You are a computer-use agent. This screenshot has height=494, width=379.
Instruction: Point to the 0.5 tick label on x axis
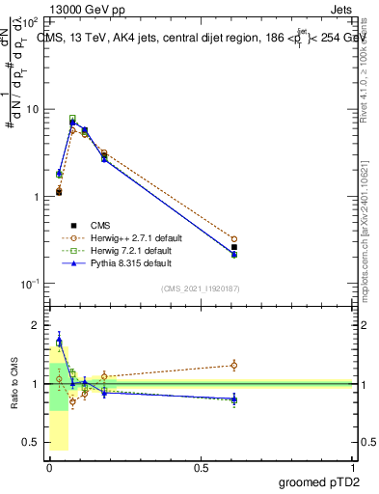click(201, 466)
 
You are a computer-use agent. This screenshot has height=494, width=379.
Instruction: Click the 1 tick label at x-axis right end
click(353, 466)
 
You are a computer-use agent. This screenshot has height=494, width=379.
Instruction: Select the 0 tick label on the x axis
click(48, 466)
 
